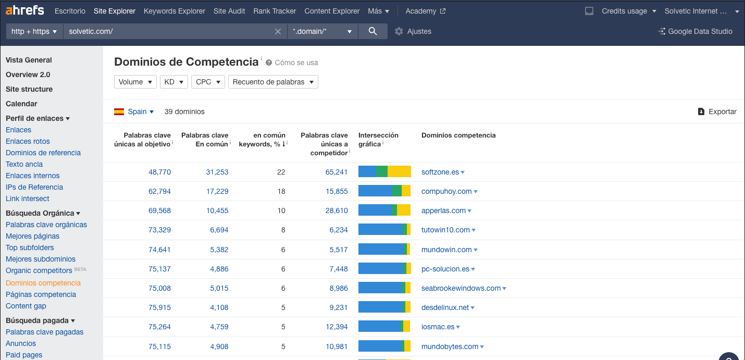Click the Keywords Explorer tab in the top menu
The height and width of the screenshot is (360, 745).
174,11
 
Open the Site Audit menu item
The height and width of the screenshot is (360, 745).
229,11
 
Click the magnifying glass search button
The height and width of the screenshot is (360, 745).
372,31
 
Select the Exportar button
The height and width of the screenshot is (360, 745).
717,111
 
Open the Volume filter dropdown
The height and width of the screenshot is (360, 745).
135,82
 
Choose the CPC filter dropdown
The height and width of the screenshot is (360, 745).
207,82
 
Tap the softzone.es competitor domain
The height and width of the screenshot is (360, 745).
440,172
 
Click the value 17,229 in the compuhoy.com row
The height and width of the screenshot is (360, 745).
217,191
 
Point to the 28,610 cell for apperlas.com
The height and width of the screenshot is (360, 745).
337,210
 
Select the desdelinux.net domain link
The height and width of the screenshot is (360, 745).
445,307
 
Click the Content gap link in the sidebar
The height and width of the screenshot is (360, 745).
26,306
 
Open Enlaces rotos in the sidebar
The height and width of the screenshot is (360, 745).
28,141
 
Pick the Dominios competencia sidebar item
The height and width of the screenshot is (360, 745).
43,283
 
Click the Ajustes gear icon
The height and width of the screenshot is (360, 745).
399,31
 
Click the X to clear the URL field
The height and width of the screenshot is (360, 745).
278,31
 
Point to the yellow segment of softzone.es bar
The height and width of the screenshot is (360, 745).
399,171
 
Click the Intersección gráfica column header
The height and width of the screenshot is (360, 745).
378,139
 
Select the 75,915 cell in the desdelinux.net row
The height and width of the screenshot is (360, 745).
159,307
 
